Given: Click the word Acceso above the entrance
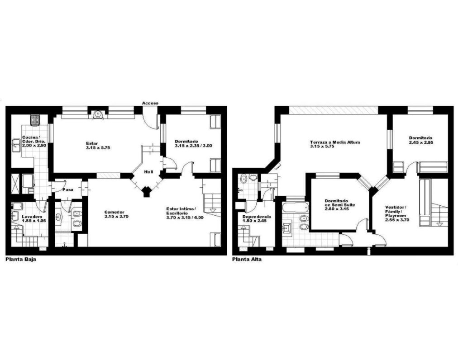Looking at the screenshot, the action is click(x=150, y=103).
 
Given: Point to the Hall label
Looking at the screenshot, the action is click(x=148, y=172).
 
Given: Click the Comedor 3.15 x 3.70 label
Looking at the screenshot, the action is click(x=116, y=214).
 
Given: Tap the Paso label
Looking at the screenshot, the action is click(x=68, y=189).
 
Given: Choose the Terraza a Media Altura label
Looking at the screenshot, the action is click(x=335, y=144).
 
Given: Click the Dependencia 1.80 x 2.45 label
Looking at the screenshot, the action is click(x=257, y=219).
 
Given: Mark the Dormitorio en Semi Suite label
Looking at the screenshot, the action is click(x=340, y=205).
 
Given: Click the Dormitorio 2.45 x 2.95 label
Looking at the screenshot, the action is click(x=420, y=140).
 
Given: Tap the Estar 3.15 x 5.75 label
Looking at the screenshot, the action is click(x=98, y=145).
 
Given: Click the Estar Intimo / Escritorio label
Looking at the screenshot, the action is click(x=185, y=213).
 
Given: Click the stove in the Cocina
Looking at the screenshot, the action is click(x=36, y=120).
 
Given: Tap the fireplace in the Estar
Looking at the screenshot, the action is click(x=98, y=114).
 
